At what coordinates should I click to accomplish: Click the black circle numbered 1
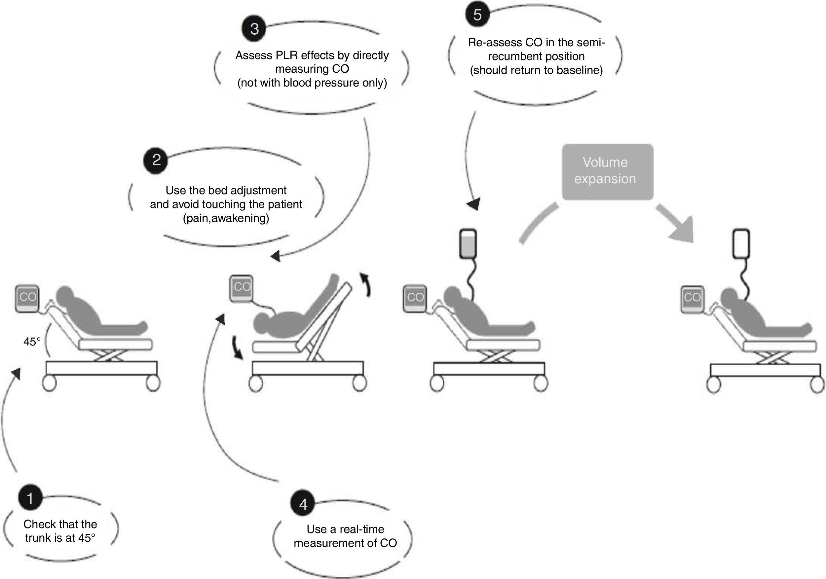30,498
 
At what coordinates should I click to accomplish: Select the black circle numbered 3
254,29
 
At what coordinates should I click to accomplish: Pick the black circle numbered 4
303,504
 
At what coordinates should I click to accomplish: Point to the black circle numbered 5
477,15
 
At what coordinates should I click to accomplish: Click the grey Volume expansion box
607,171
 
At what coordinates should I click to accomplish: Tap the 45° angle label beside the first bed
32,341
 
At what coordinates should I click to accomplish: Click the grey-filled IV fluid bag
468,244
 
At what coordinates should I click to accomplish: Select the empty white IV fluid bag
741,243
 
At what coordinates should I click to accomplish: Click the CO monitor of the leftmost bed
27,299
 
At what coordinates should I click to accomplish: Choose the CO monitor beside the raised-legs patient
242,288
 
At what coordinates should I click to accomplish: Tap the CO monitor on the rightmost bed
692,299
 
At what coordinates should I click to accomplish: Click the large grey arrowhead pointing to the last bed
682,231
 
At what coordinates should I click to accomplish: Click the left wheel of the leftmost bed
49,384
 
